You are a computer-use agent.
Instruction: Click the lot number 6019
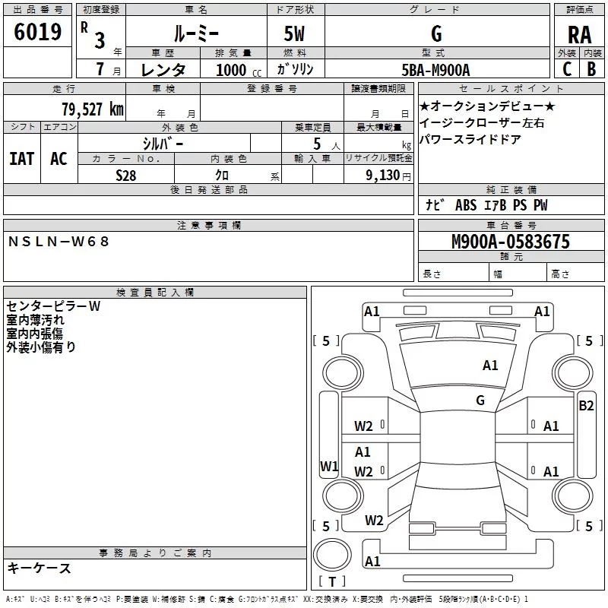coord(37,32)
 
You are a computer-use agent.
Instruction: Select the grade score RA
coord(579,35)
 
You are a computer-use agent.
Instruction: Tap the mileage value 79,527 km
coord(93,109)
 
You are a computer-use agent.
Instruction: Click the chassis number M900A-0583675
coord(511,242)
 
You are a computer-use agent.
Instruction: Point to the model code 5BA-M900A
coord(435,70)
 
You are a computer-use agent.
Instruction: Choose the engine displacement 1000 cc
coord(239,70)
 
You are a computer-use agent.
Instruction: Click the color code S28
coord(126,176)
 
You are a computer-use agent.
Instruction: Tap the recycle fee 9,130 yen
coord(388,176)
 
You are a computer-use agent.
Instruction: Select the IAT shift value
coord(22,159)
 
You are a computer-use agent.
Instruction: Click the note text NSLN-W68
coord(59,242)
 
